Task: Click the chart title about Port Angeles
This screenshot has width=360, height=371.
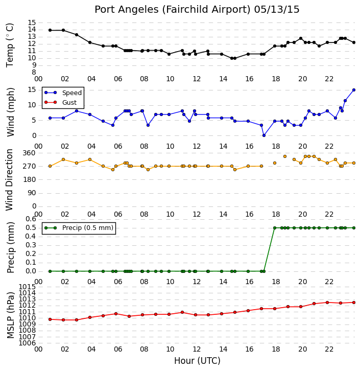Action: click(x=197, y=10)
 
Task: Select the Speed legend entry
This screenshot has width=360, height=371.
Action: click(x=63, y=93)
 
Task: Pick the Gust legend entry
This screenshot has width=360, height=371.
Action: click(x=61, y=102)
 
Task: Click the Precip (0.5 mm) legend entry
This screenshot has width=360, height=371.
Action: click(x=79, y=228)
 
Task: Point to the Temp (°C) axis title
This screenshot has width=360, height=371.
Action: click(x=10, y=45)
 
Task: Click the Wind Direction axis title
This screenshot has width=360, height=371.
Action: click(x=10, y=180)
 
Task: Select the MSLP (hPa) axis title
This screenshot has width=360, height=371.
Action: click(x=10, y=315)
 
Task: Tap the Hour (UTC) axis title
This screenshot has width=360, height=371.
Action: click(x=197, y=361)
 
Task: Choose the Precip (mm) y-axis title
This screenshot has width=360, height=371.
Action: click(x=10, y=247)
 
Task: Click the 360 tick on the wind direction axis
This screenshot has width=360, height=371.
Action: click(x=29, y=153)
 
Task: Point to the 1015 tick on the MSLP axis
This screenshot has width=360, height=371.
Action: click(x=27, y=287)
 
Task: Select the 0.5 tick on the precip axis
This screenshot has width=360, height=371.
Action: click(x=31, y=228)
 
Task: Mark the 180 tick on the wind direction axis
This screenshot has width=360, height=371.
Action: click(x=29, y=179)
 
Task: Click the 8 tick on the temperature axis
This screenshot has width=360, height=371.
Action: click(x=34, y=73)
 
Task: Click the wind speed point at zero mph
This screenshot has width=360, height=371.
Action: click(x=264, y=135)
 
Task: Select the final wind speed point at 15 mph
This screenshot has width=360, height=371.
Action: click(x=354, y=90)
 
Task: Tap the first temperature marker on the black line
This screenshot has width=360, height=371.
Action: click(x=50, y=30)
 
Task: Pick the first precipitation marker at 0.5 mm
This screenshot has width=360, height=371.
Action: click(x=275, y=228)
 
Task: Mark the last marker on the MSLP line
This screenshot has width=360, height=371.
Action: click(x=354, y=303)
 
